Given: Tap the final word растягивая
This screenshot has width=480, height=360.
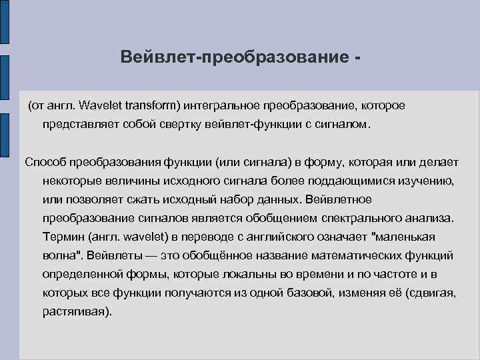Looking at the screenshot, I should click(x=73, y=311).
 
